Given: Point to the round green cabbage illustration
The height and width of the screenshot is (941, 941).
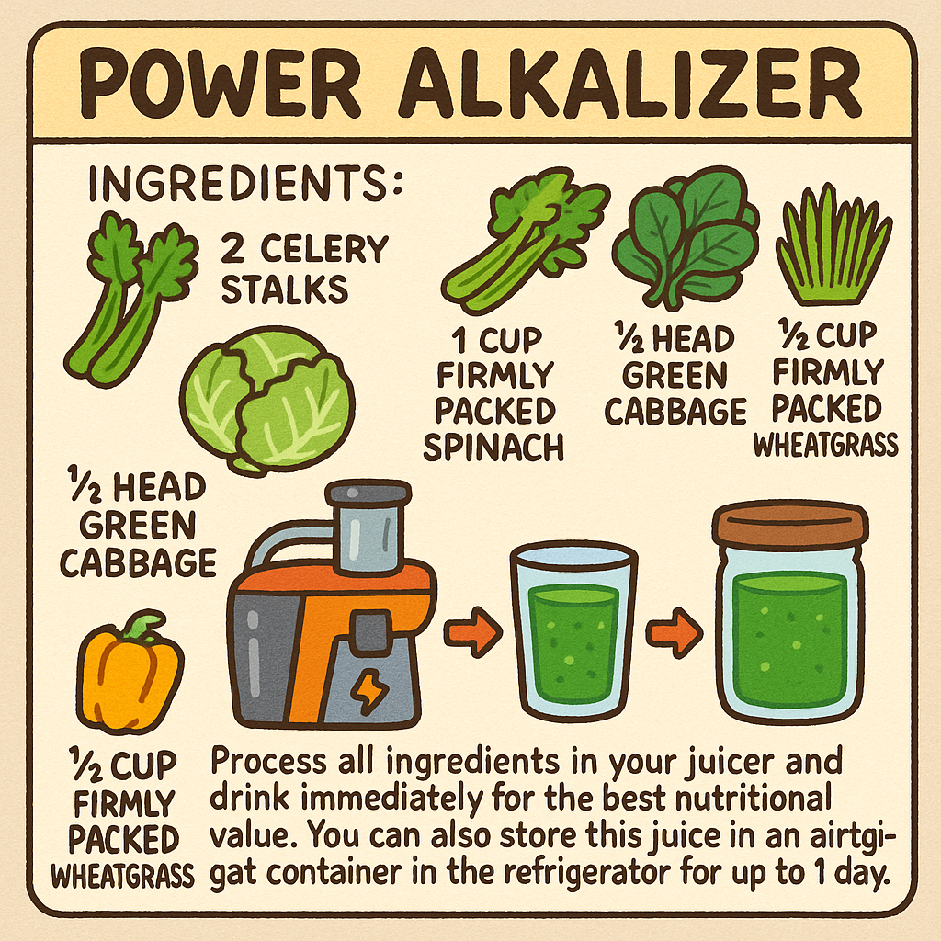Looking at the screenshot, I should pos(266,400).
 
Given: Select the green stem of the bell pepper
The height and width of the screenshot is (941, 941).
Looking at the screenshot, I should pos(141,628).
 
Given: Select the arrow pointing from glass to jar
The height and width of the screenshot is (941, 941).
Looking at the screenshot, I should pos(675,632).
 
